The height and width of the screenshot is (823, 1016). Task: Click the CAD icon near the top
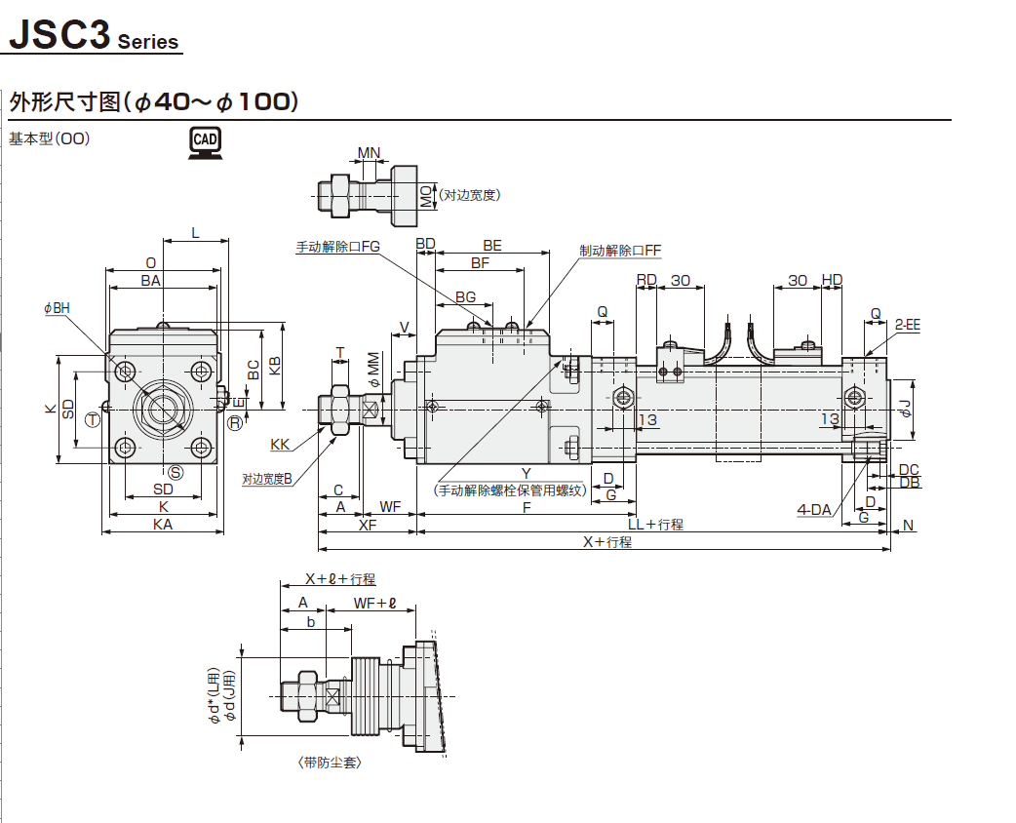(205, 142)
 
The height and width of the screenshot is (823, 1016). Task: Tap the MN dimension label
(369, 153)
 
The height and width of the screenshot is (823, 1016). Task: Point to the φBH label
(57, 308)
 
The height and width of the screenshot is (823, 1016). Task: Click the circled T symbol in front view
(93, 420)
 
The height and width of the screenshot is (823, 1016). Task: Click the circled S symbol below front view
(176, 472)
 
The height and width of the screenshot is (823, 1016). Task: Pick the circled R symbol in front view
(235, 422)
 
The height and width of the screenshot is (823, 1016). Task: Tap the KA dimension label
(163, 524)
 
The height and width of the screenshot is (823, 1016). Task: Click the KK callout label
(280, 445)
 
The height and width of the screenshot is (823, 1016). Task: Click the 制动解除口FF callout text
(620, 251)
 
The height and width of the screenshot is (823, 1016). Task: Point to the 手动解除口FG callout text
(337, 247)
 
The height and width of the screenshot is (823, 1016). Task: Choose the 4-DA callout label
(814, 509)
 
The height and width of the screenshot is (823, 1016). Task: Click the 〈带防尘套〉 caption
(330, 763)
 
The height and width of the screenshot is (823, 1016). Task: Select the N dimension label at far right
(909, 526)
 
